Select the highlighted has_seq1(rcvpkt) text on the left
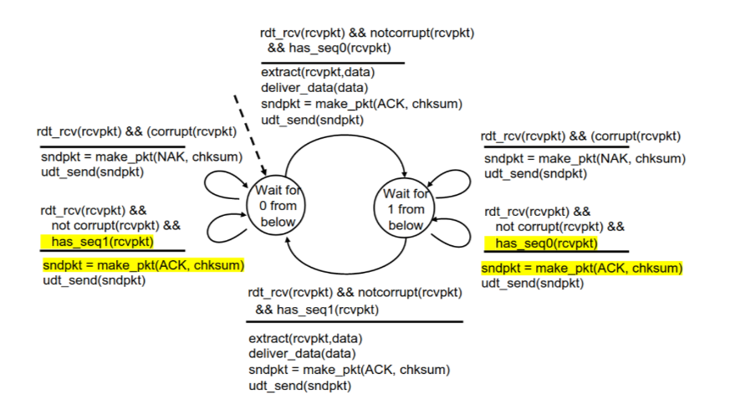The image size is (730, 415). coord(100,242)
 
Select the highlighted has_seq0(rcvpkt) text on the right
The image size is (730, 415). coord(546,243)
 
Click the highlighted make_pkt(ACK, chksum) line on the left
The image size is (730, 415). coord(143,265)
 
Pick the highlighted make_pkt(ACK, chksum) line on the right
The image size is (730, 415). coord(582,268)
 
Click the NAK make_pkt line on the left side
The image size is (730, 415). coord(141,156)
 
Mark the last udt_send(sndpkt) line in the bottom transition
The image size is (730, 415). coord(299,386)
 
